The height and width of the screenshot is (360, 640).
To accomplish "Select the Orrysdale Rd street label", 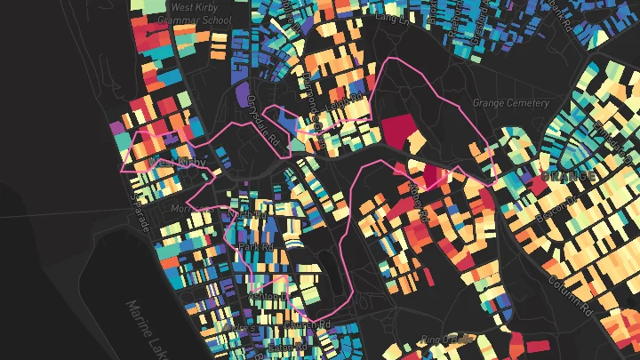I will click(262, 121).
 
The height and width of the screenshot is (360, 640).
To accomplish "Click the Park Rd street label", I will click(254, 246).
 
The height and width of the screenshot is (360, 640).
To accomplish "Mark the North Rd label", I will click(252, 215).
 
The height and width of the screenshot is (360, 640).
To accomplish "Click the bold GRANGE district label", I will click(568, 177).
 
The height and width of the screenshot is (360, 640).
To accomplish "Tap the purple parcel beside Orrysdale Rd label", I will click(242, 95).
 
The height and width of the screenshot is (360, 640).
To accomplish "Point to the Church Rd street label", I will click(311, 326).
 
